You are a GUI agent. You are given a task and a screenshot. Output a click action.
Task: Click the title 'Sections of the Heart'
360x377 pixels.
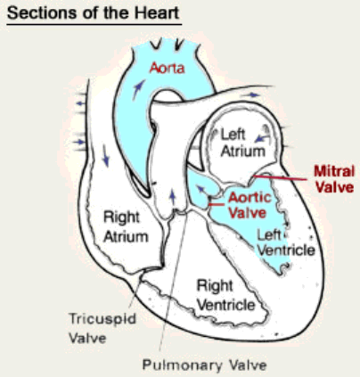[x=94, y=13]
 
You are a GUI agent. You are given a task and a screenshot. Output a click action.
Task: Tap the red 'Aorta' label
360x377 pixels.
[x=167, y=68]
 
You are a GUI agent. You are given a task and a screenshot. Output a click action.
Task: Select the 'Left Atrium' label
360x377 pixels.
[x=242, y=143]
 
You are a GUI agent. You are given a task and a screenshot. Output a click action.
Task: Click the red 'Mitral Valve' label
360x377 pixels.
[x=334, y=179]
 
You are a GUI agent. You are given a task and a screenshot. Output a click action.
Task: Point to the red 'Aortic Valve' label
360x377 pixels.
[x=250, y=205]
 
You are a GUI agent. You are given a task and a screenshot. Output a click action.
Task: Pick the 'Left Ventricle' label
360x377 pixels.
[x=286, y=242]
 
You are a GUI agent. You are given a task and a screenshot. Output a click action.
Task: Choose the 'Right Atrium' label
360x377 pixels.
[x=126, y=227]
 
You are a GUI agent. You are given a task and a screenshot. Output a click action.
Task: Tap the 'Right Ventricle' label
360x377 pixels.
[x=226, y=295]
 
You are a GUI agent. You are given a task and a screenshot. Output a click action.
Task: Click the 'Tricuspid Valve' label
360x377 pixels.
[x=102, y=328]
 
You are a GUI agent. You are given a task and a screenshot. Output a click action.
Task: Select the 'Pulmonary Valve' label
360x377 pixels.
[x=204, y=365]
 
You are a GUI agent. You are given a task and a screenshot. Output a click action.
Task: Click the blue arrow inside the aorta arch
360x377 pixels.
[x=138, y=90]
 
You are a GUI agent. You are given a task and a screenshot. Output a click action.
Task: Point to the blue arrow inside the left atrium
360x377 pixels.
[x=262, y=138]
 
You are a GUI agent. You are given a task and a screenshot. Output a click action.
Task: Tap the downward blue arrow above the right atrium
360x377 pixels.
[x=105, y=155]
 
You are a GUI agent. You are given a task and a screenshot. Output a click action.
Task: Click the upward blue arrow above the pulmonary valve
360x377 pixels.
[x=173, y=198]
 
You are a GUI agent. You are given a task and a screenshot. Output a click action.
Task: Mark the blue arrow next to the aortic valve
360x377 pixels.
[x=201, y=188]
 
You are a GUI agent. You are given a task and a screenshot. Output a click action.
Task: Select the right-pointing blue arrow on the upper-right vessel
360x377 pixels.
[x=250, y=95]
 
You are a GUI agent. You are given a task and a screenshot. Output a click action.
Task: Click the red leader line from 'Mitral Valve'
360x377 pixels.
[x=280, y=177]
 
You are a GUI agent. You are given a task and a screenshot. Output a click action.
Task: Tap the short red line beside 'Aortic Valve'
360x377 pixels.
[x=217, y=205]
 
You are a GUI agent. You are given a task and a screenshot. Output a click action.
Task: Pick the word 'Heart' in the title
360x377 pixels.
[x=157, y=13]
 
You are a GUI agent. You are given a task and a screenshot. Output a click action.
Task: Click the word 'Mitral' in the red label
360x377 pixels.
[x=334, y=171]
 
